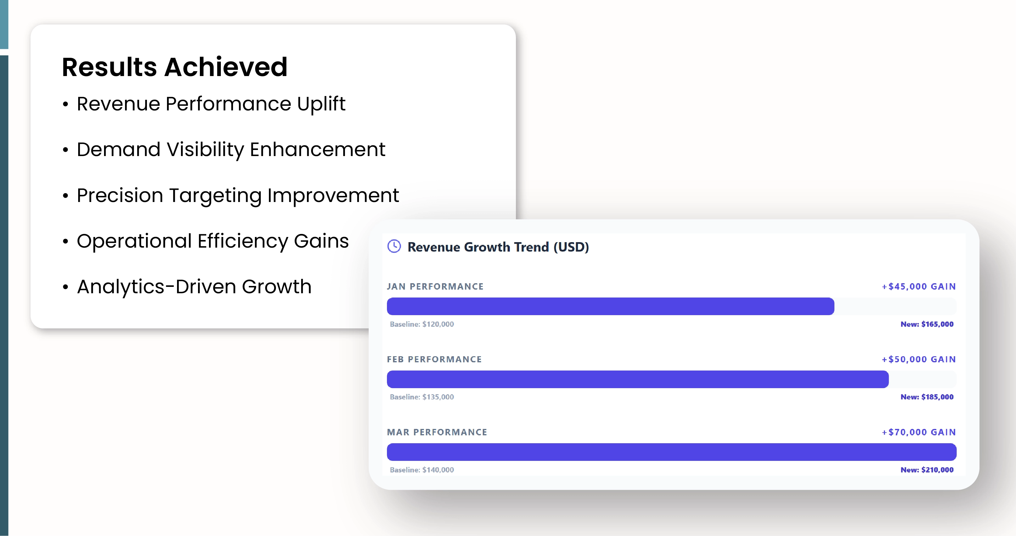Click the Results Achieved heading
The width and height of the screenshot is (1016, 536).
(x=174, y=67)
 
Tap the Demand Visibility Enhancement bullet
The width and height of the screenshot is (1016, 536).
(x=231, y=150)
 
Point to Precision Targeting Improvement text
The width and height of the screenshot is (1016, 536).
(x=238, y=196)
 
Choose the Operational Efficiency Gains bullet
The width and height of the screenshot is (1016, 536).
(x=213, y=241)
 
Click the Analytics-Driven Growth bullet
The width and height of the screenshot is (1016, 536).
(x=194, y=287)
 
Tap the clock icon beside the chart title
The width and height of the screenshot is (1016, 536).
(x=394, y=246)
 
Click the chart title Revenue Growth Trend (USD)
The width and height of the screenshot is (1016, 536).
(x=498, y=247)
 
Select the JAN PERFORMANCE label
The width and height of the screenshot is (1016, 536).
(x=435, y=287)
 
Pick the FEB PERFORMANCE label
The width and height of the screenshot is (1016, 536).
(x=434, y=359)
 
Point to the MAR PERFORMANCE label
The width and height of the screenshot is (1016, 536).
(x=437, y=432)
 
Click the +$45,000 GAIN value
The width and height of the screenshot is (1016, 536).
(x=919, y=287)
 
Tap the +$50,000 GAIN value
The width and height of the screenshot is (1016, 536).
(x=919, y=359)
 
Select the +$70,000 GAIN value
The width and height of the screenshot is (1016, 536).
(x=919, y=432)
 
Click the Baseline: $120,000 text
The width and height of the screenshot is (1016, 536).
(x=422, y=324)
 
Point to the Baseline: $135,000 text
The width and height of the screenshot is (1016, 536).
(x=422, y=397)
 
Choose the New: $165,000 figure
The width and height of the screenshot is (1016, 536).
(x=927, y=324)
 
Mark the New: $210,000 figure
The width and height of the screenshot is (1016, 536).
(x=927, y=470)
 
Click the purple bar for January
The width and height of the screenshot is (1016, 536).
(x=610, y=306)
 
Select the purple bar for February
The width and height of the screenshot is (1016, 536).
(x=637, y=379)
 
